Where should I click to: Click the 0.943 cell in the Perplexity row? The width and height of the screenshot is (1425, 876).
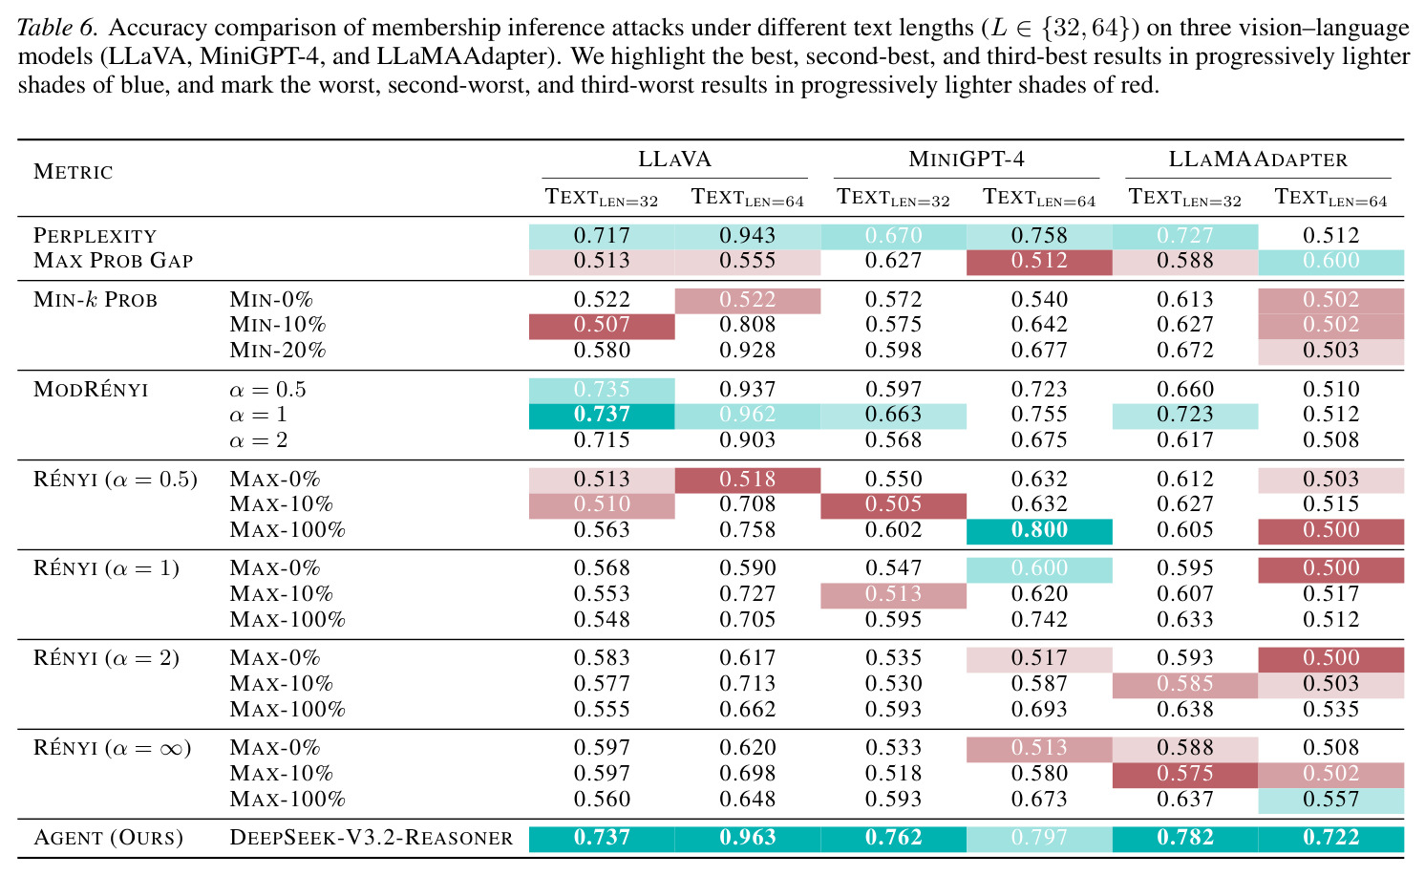click(x=748, y=235)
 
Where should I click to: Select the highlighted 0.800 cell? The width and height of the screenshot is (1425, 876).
click(x=1039, y=530)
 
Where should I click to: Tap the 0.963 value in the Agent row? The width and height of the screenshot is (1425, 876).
click(x=748, y=837)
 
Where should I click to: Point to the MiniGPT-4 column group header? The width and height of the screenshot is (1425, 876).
click(x=967, y=159)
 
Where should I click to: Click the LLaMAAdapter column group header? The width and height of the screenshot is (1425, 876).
click(x=1258, y=159)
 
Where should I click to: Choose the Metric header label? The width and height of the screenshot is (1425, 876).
click(x=74, y=172)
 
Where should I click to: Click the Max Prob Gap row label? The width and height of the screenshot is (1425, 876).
click(x=114, y=260)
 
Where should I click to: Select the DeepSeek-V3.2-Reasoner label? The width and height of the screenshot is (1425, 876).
click(x=372, y=837)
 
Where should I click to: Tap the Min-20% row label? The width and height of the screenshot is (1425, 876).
click(x=278, y=350)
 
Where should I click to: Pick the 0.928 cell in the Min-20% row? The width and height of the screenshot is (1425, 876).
click(x=748, y=350)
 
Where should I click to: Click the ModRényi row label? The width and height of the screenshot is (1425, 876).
click(x=91, y=389)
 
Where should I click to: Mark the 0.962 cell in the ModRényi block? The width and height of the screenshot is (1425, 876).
click(x=748, y=415)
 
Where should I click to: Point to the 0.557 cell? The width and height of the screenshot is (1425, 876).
click(x=1330, y=799)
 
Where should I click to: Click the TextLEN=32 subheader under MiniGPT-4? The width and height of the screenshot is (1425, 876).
click(x=893, y=198)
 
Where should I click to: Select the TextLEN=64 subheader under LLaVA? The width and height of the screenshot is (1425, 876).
click(x=748, y=198)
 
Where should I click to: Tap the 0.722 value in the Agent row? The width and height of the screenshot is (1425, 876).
click(x=1330, y=837)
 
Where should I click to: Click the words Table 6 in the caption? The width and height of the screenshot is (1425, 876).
click(x=57, y=28)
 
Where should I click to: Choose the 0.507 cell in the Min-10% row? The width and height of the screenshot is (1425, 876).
click(x=602, y=325)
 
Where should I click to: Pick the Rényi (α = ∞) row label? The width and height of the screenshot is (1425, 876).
click(x=113, y=747)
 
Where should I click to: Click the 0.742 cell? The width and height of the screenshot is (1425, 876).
click(x=1039, y=619)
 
